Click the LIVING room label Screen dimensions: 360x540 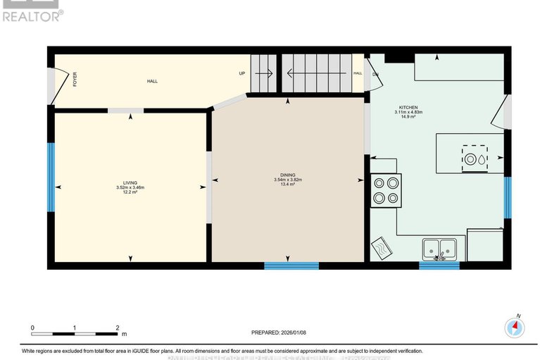pyautogui.click(x=130, y=182)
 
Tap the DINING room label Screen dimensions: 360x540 pyautogui.click(x=287, y=175)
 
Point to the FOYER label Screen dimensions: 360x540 pyautogui.click(x=75, y=80)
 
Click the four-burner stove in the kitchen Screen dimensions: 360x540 pyautogui.click(x=386, y=190)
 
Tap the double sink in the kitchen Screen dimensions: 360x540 pyautogui.click(x=440, y=249)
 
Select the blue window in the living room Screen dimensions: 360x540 pyautogui.click(x=51, y=177)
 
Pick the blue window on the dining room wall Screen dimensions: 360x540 pyautogui.click(x=291, y=266)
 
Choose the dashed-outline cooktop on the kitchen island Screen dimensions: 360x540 pyautogui.click(x=474, y=158)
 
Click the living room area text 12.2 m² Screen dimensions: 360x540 pyautogui.click(x=130, y=192)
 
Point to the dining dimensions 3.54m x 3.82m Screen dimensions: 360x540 pyautogui.click(x=287, y=180)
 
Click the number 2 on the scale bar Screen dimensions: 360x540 pyautogui.click(x=118, y=328)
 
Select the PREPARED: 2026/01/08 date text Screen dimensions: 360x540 pyautogui.click(x=280, y=332)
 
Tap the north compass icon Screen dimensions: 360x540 pyautogui.click(x=515, y=326)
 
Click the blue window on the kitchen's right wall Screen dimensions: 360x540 pyautogui.click(x=507, y=198)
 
